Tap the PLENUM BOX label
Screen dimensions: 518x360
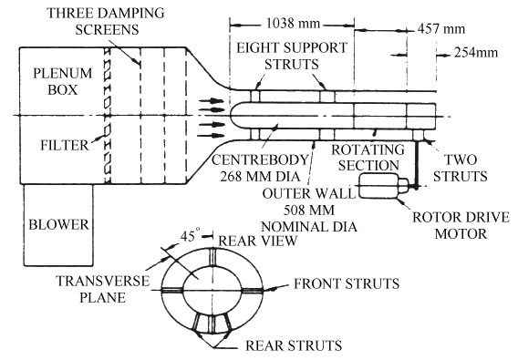[x=62, y=81]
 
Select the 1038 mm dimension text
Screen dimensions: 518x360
[x=293, y=24]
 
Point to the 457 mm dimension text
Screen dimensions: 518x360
[x=441, y=29]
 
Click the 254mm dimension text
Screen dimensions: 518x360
[x=476, y=53]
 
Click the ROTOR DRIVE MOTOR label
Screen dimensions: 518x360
[x=461, y=226]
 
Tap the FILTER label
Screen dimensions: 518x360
[x=65, y=145]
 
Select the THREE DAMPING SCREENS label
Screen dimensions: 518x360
[x=106, y=22]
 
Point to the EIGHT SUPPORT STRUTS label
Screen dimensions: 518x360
[x=292, y=56]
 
